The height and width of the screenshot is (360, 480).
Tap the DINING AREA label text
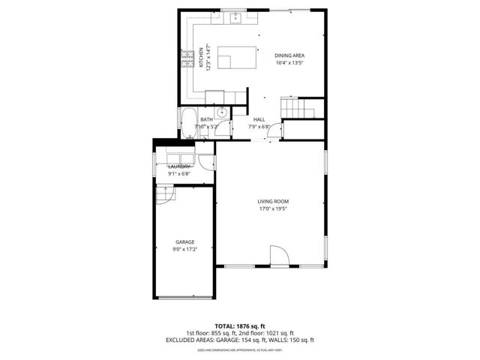tap(289, 55)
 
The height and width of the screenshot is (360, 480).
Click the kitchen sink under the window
tap(235, 19)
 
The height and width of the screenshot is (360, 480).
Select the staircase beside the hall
tap(298, 108)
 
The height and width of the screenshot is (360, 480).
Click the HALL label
tap(259, 119)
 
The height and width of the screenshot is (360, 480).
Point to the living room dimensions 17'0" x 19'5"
tap(273, 209)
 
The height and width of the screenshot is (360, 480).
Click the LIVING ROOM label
tap(273, 201)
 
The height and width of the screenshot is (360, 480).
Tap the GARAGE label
tap(185, 241)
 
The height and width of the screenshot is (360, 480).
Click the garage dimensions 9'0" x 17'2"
tap(185, 249)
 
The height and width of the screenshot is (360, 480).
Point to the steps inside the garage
tap(164, 194)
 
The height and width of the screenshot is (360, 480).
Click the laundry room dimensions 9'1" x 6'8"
tap(179, 174)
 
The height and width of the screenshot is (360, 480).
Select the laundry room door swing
tap(206, 162)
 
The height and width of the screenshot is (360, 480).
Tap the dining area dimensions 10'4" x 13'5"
tap(289, 63)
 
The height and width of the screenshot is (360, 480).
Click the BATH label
tap(206, 119)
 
